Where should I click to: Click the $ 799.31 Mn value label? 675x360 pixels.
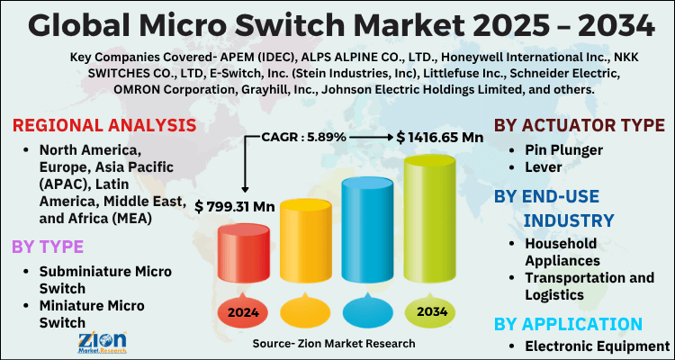pyautogui.click(x=235, y=206)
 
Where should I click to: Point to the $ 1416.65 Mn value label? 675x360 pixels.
pyautogui.click(x=439, y=137)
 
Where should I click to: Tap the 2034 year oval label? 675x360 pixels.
pyautogui.click(x=428, y=313)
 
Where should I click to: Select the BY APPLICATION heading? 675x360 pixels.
pyautogui.click(x=569, y=323)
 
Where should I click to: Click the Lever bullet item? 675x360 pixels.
pyautogui.click(x=546, y=166)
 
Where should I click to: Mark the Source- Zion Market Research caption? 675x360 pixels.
pyautogui.click(x=334, y=344)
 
